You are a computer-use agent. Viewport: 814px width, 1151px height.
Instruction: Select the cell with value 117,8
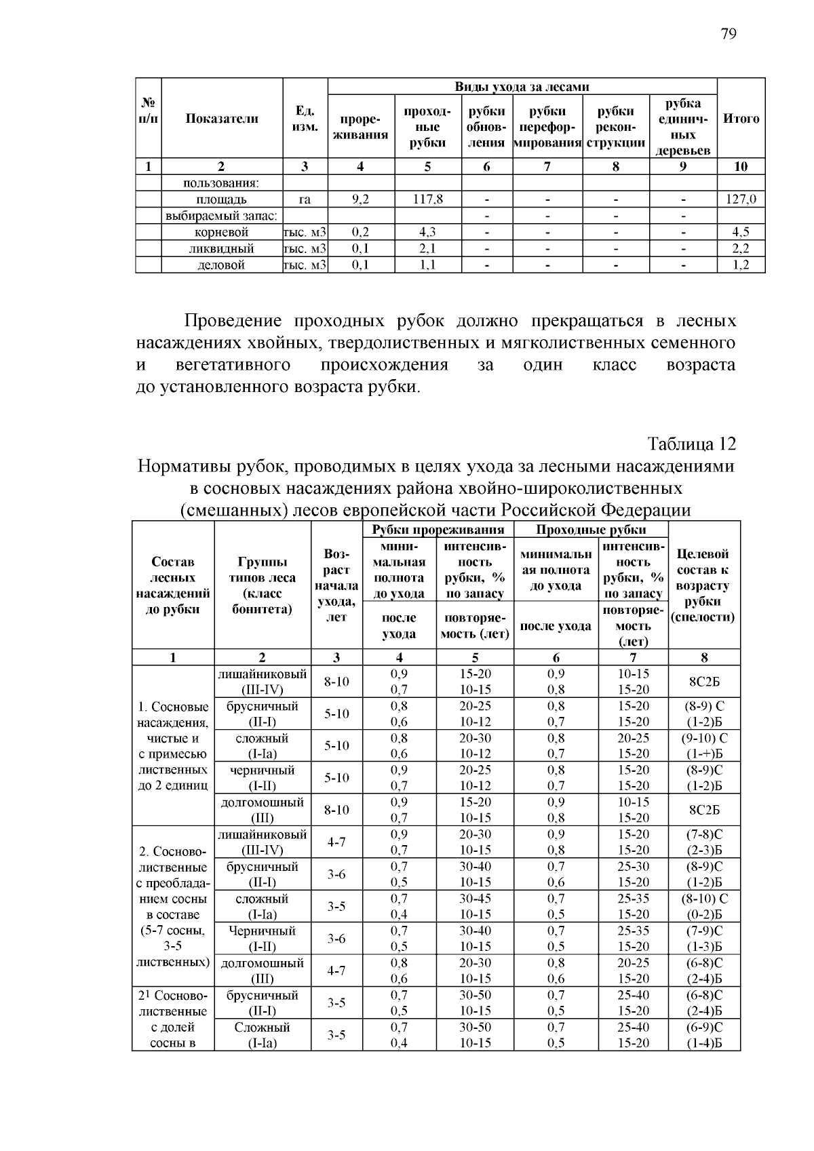point(427,199)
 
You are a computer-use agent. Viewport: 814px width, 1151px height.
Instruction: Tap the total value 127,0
point(741,199)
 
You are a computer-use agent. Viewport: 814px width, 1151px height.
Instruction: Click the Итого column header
point(741,119)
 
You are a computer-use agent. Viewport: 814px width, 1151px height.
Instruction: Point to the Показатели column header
point(222,119)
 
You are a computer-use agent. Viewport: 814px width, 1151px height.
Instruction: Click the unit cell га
point(305,199)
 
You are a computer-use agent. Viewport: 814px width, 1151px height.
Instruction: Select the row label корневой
point(221,232)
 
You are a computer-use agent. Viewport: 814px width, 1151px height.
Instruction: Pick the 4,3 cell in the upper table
point(427,232)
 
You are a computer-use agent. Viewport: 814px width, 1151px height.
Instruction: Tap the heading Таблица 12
point(691,444)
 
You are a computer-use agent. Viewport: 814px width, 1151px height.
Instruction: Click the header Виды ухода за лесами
point(522,87)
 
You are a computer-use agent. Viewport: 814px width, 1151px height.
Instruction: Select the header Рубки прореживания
point(438,530)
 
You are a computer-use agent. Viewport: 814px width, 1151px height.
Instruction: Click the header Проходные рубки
point(591,530)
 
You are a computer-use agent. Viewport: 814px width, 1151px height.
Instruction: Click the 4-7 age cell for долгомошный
point(336,971)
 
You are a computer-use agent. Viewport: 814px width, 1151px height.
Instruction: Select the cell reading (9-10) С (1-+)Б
point(704,746)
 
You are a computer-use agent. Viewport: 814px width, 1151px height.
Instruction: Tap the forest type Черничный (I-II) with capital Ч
point(262,939)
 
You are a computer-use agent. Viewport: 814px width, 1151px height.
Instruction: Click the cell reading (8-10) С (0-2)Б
point(704,907)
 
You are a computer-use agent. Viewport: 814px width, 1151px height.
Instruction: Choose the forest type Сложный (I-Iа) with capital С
point(262,1035)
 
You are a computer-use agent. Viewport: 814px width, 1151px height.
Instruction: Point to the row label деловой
point(221,265)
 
